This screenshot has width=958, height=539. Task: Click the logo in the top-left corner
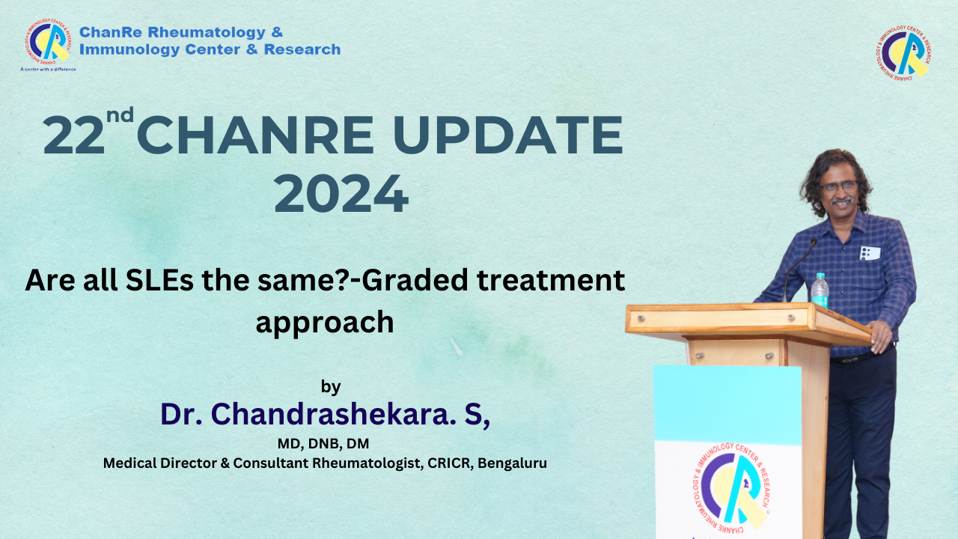pyautogui.click(x=47, y=40)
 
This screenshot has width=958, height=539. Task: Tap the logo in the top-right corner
pyautogui.click(x=903, y=52)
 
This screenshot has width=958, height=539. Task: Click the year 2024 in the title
pyautogui.click(x=341, y=194)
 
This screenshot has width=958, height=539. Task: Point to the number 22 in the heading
pyautogui.click(x=73, y=135)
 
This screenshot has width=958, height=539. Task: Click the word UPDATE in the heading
pyautogui.click(x=507, y=135)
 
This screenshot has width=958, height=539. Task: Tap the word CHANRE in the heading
pyautogui.click(x=255, y=135)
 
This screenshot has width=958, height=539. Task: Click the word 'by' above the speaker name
pyautogui.click(x=331, y=387)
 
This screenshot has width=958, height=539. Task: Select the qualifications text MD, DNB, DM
pyautogui.click(x=323, y=444)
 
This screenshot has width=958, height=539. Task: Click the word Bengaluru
pyautogui.click(x=513, y=463)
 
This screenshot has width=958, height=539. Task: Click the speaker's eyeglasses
pyautogui.click(x=839, y=186)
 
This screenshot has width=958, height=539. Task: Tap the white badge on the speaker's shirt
pyautogui.click(x=870, y=253)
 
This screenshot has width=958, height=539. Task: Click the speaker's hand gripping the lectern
pyautogui.click(x=882, y=336)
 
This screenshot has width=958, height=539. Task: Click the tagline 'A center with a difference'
pyautogui.click(x=48, y=70)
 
